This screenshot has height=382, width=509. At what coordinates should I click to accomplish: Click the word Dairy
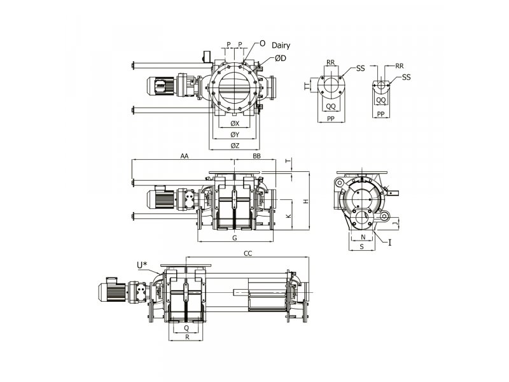point(281,45)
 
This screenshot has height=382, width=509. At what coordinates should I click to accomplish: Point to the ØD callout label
point(281,59)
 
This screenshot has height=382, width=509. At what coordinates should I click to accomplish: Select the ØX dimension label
point(235,124)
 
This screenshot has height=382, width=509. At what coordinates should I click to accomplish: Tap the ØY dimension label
point(235,134)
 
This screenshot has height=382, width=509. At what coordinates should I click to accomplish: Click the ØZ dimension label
point(235,146)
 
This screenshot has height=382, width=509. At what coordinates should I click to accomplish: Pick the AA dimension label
point(185,156)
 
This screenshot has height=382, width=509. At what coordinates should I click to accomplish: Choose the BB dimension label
point(256,156)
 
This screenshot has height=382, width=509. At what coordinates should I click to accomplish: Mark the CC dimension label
point(248,253)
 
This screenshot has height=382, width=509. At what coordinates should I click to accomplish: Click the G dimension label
point(235,237)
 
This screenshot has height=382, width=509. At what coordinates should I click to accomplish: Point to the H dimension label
point(305,201)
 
